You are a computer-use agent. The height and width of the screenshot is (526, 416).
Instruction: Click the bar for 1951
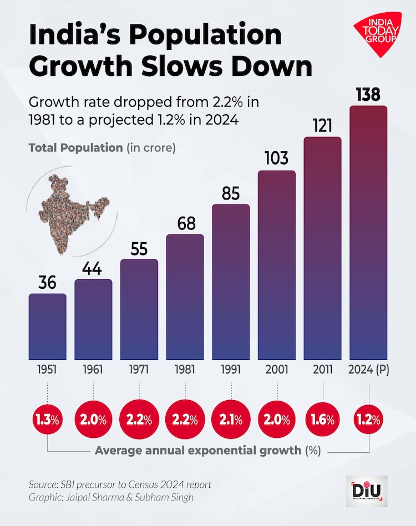click(47, 326)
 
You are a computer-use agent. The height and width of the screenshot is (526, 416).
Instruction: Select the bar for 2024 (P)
click(368, 233)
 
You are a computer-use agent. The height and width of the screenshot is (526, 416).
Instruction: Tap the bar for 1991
click(231, 282)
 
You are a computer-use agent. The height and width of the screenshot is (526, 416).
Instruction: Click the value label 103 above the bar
click(276, 159)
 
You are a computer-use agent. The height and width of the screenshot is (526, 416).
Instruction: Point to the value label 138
click(368, 94)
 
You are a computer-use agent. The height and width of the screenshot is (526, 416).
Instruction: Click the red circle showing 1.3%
click(47, 417)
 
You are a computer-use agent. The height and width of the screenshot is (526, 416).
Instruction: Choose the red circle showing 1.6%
click(322, 417)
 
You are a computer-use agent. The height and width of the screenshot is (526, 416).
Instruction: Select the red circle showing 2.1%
click(231, 417)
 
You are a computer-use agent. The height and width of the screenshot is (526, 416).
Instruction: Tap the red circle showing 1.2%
click(368, 417)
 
